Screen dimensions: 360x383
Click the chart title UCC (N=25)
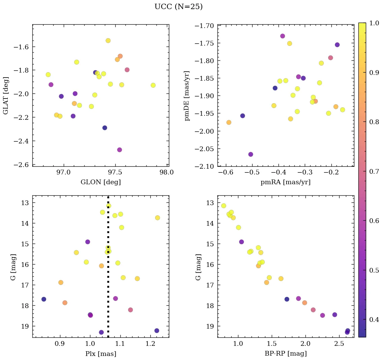click(178, 7)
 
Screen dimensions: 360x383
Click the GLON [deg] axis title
click(100, 182)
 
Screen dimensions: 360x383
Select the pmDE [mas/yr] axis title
click(187, 95)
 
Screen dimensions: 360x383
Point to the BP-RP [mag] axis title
click(286, 354)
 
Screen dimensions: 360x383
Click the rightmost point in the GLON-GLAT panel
click(153, 85)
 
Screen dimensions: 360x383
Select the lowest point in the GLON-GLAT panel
click(119, 150)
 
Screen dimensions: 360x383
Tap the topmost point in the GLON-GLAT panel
click(108, 40)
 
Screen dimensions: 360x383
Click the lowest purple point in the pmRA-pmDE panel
click(251, 154)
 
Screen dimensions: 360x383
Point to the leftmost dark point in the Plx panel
click(43, 299)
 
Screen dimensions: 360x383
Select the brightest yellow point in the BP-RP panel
click(224, 206)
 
